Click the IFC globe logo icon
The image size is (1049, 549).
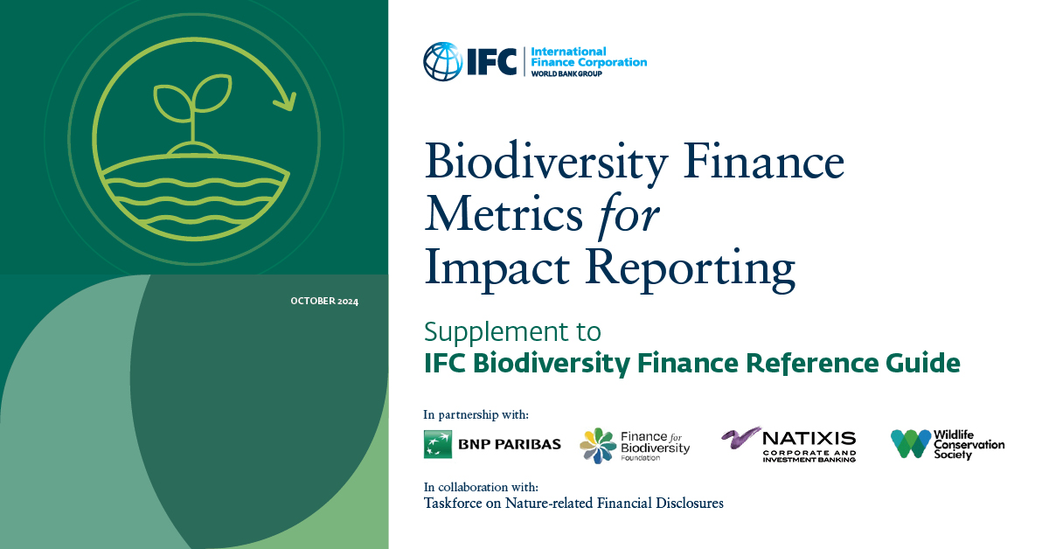point(443,61)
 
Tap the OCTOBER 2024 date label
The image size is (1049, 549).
point(324,302)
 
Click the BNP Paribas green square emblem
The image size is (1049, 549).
point(438,444)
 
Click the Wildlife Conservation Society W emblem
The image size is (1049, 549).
point(910,444)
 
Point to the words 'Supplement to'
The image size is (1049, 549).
point(512,332)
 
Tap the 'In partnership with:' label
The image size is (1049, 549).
point(476,414)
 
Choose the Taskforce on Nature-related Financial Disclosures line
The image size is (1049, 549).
point(573,504)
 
